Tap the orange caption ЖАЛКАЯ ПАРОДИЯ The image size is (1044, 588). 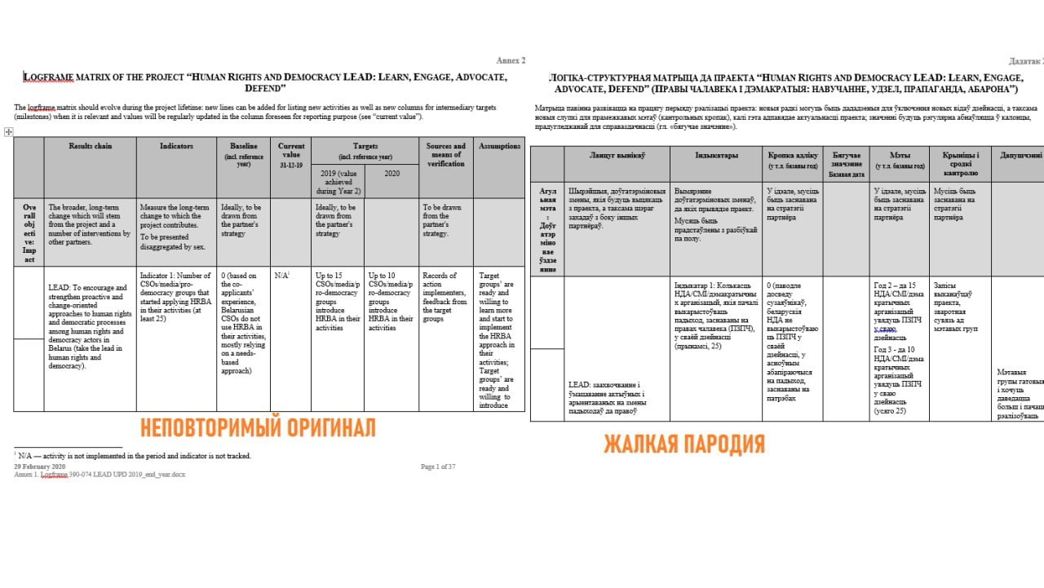pos(683,444)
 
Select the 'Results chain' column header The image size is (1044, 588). pos(90,146)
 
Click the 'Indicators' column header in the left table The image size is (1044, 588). pos(176,146)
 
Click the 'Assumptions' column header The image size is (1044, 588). pos(499,146)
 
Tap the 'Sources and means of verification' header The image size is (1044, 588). pos(445,155)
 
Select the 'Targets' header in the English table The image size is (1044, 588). pos(365,146)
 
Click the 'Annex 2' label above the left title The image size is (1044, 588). pos(511,60)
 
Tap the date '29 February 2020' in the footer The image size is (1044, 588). pos(40,466)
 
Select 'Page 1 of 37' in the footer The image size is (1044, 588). pos(438,466)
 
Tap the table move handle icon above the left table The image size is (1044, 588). pos(8,131)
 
